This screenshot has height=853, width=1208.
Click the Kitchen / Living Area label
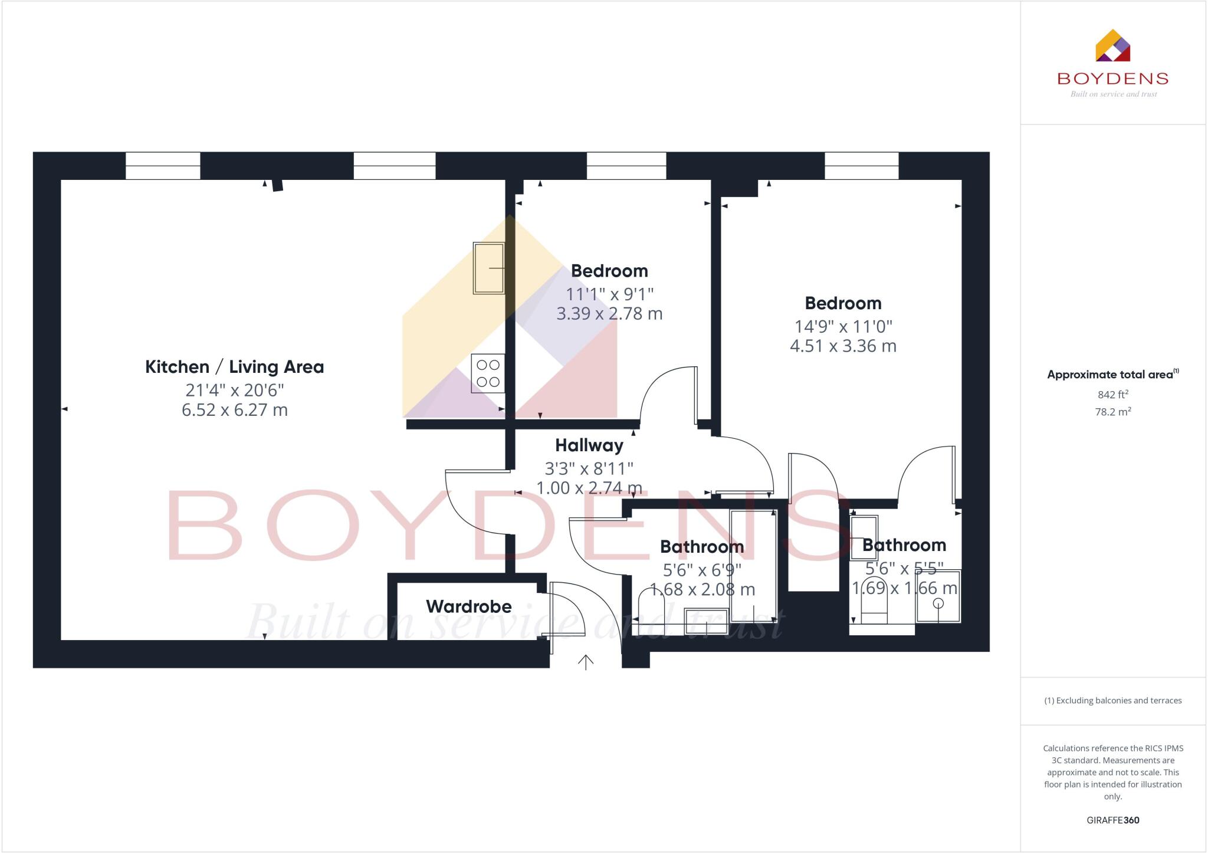click(x=234, y=367)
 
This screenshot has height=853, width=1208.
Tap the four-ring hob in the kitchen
click(x=488, y=373)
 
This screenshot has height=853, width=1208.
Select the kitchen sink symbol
click(x=488, y=268)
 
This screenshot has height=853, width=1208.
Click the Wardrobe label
click(x=468, y=606)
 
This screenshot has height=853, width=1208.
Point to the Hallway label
click(x=589, y=445)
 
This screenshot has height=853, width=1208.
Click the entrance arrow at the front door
click(x=585, y=662)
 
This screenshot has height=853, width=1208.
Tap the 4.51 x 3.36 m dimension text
click(x=843, y=346)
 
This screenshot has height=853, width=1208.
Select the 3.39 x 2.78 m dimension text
click(x=609, y=314)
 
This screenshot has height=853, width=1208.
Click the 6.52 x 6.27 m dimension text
click(x=234, y=410)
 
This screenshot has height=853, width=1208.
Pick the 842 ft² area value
click(x=1112, y=395)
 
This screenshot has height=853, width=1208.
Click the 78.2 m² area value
click(x=1112, y=412)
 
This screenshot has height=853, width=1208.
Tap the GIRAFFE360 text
click(x=1112, y=820)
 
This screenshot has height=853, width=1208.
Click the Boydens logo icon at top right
click(x=1112, y=46)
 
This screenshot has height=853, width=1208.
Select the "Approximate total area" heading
click(x=1110, y=375)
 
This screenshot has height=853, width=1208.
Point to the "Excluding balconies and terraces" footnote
click(x=1112, y=701)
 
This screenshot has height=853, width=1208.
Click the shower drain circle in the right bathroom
click(x=938, y=603)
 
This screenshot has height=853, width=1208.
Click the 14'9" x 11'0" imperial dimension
click(x=843, y=326)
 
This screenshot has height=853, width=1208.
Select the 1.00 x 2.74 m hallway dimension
click(x=589, y=488)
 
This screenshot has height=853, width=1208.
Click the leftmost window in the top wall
click(x=163, y=166)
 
